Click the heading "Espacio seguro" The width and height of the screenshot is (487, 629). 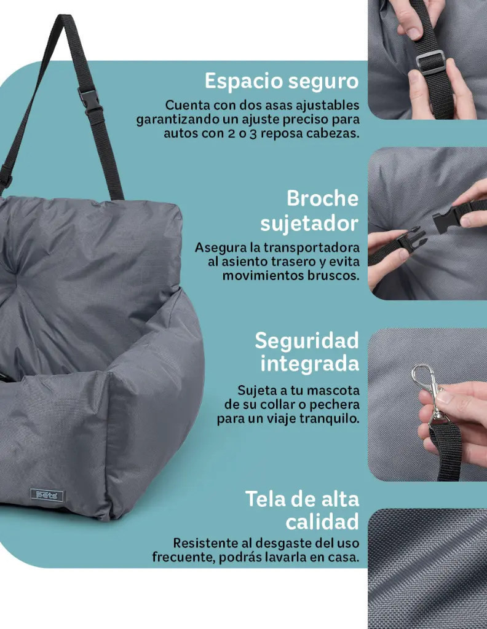tap(281, 81)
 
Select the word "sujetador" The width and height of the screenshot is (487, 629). tap(309, 224)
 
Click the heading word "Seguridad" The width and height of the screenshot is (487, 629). tap(306, 340)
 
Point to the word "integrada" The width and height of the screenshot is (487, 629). tap(309, 363)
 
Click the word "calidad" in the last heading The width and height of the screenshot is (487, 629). tap(322, 522)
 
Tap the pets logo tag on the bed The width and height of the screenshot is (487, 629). tap(47, 494)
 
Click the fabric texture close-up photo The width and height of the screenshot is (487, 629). tap(427, 568)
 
